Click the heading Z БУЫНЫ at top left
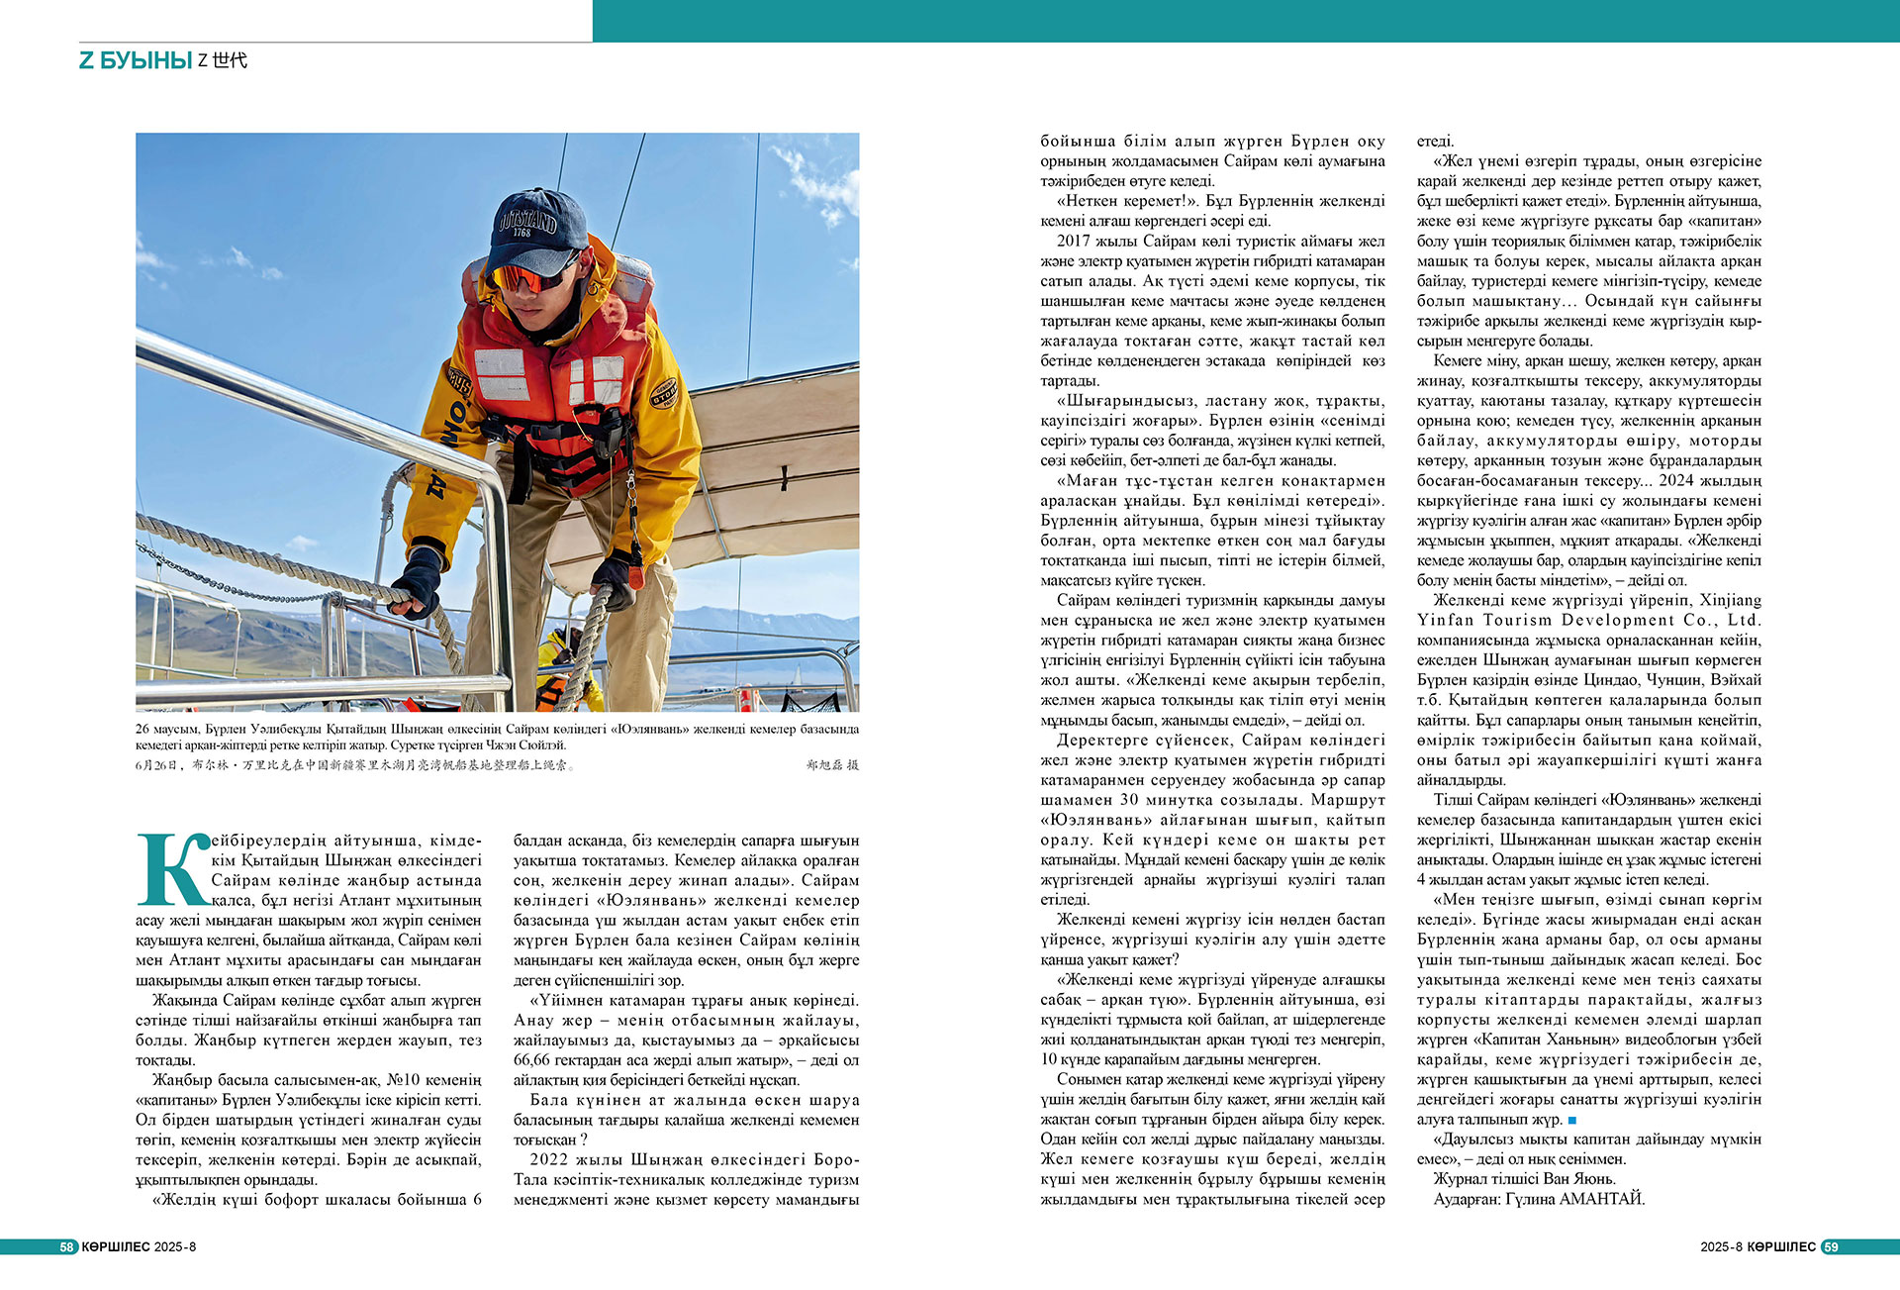tap(136, 60)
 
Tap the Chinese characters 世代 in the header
tap(230, 60)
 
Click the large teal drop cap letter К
tap(173, 869)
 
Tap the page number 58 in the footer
tap(67, 1246)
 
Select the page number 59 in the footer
tap(1831, 1246)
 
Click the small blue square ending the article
tap(1572, 1120)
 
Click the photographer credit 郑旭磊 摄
tap(832, 765)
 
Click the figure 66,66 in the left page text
tap(535, 1060)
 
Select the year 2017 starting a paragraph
tap(1075, 241)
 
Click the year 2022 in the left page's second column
tap(549, 1159)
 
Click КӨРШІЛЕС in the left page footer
tap(115, 1246)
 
